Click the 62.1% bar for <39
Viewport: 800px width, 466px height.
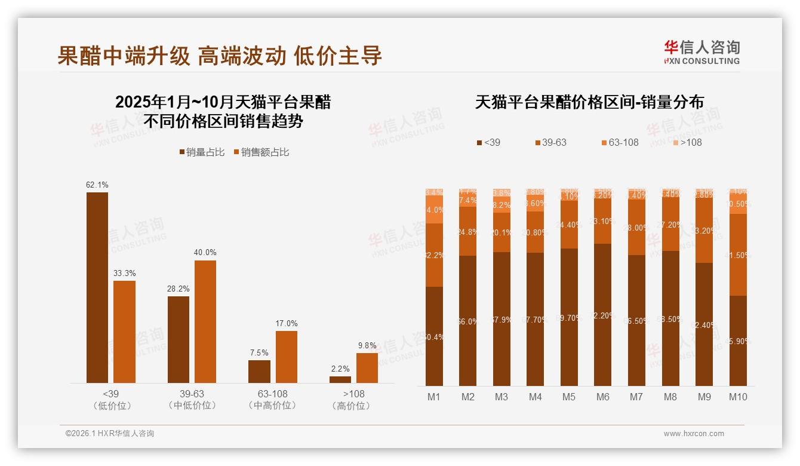coord(97,287)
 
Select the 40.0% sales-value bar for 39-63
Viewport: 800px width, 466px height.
coord(205,321)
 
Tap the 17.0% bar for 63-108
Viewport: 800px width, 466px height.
coord(287,357)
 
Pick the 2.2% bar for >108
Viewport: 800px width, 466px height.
coord(340,379)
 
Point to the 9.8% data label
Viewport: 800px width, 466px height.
coord(367,345)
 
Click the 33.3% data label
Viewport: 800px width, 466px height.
coord(124,273)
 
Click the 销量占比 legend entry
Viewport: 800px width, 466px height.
coord(202,152)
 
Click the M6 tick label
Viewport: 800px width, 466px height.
coord(603,397)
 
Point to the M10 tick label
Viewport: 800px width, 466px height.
coord(738,397)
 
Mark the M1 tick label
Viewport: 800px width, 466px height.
coord(434,397)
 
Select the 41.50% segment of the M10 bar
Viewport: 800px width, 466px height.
coord(738,255)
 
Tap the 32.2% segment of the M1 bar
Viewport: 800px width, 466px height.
coord(434,255)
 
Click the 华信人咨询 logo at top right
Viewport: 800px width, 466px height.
coord(701,52)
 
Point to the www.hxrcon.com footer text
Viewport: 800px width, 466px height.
coord(694,434)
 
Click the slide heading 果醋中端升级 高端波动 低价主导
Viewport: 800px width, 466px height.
coord(220,56)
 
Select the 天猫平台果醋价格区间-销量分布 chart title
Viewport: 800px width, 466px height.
coord(589,102)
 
